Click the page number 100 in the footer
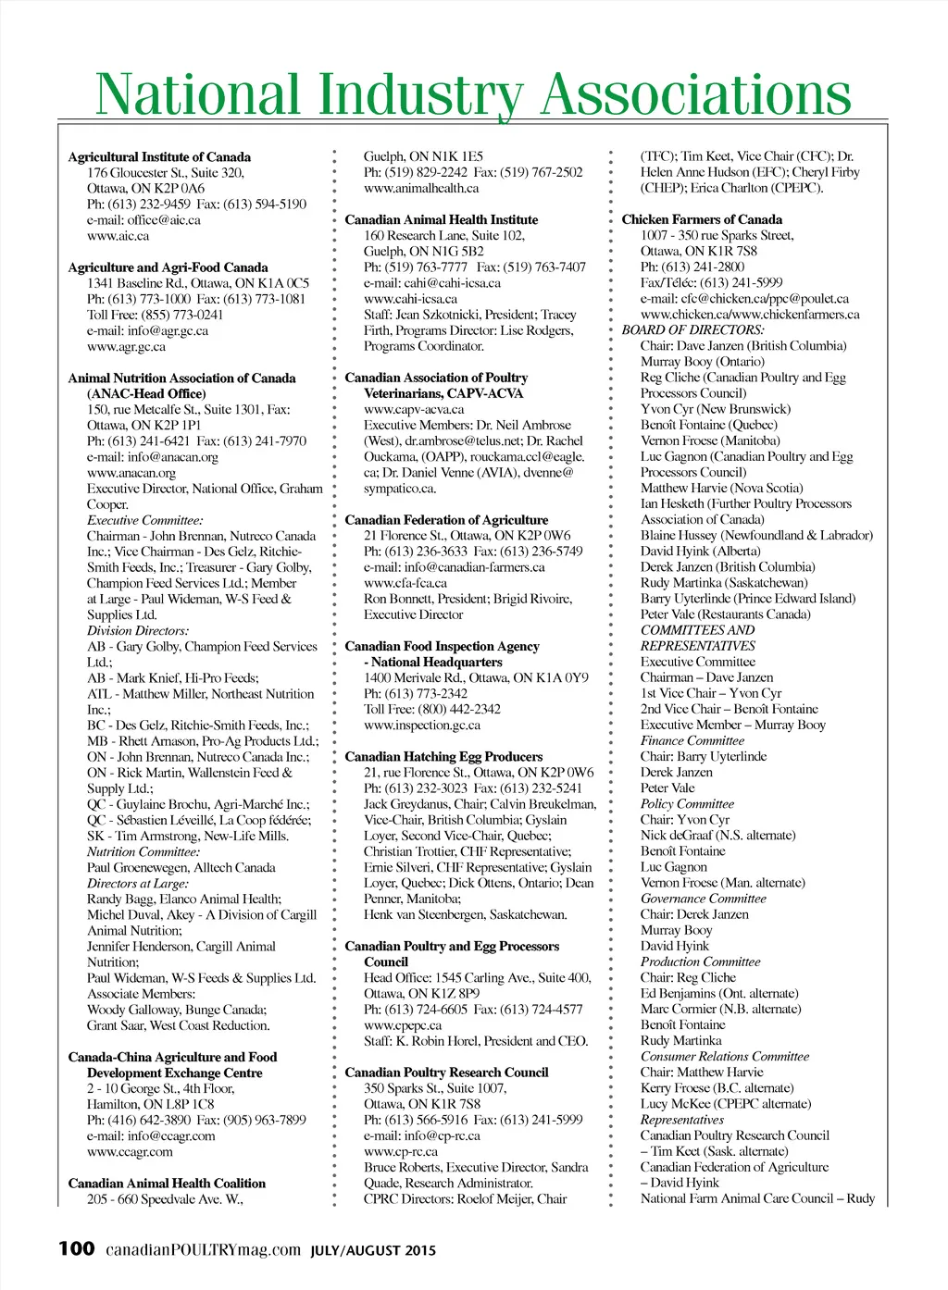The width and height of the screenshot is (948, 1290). click(76, 1249)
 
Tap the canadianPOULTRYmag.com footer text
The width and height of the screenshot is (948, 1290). click(203, 1250)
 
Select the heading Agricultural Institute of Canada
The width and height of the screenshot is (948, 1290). click(159, 157)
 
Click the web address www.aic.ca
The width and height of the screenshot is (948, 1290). click(118, 236)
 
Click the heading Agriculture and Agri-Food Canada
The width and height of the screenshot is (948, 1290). click(168, 267)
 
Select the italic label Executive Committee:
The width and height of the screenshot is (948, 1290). click(144, 520)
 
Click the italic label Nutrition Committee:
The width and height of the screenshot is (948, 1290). click(143, 851)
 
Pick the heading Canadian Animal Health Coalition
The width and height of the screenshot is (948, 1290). click(167, 1184)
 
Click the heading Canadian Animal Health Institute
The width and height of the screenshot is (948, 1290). click(441, 220)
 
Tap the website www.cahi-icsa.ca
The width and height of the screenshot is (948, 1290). click(410, 299)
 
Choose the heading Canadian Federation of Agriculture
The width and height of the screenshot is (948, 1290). click(446, 520)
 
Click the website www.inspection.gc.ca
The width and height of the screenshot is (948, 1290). click(422, 726)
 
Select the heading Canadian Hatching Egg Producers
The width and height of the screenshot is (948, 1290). click(443, 757)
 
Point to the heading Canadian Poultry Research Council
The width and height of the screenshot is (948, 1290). click(446, 1073)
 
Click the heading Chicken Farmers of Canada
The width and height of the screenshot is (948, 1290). click(702, 220)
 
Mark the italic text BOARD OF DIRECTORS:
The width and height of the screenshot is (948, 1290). click(692, 330)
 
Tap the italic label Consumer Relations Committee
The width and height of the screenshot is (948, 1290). click(724, 1057)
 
